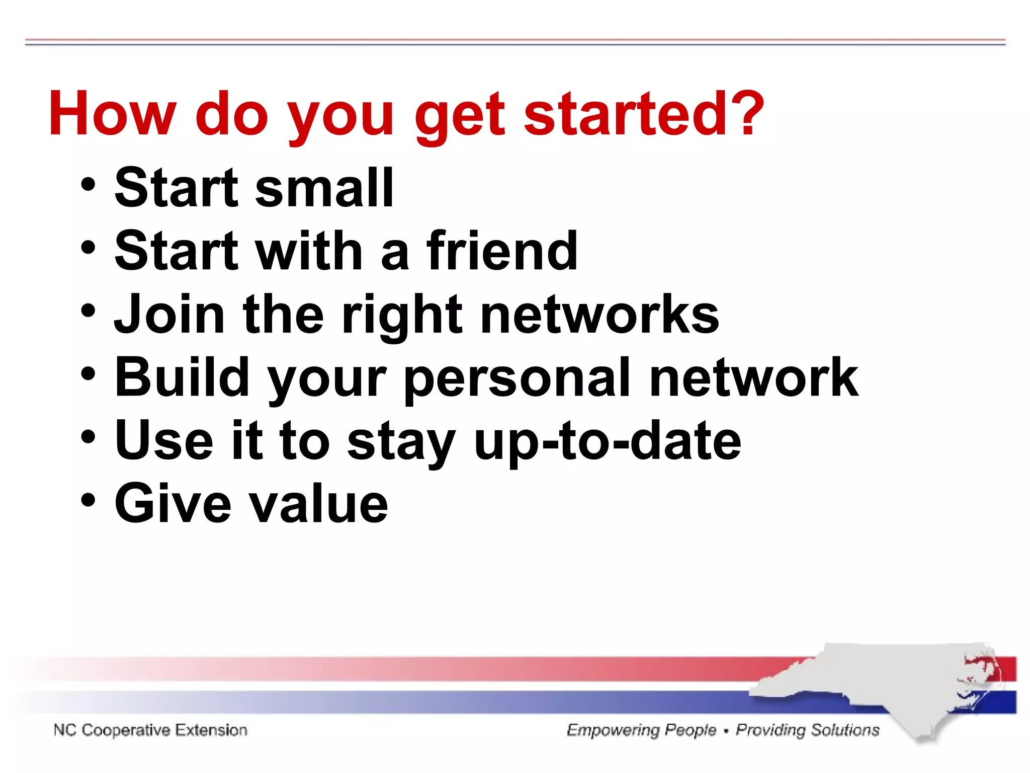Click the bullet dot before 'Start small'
[x=88, y=184]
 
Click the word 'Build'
[x=182, y=377]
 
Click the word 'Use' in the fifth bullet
[x=164, y=440]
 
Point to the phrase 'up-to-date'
[x=608, y=442]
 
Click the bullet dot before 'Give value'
[x=88, y=500]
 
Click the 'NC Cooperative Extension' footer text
[x=150, y=730]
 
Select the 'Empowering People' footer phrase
[x=641, y=730]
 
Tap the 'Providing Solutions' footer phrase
[x=807, y=730]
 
